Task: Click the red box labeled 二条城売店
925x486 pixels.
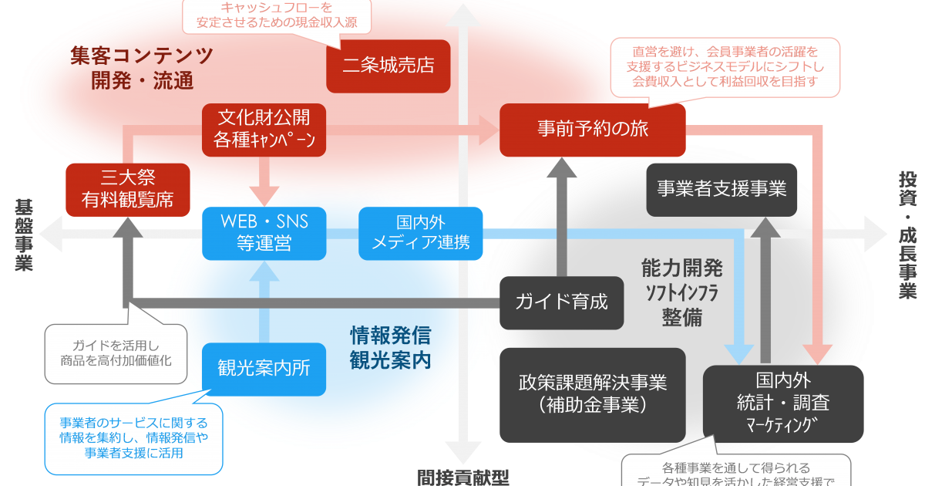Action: (388, 66)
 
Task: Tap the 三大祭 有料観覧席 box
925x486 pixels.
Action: (127, 189)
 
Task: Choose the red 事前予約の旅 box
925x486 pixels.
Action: (592, 129)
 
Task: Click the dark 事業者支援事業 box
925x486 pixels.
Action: (721, 189)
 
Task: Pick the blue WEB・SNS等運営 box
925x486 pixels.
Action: (264, 233)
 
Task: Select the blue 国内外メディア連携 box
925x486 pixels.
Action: (421, 233)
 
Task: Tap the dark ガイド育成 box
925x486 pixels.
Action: (561, 302)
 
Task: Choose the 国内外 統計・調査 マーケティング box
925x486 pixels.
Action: (782, 403)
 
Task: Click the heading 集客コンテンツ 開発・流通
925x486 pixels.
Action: (141, 68)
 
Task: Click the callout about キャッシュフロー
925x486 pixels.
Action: (275, 15)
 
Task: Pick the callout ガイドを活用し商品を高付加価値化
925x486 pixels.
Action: (116, 353)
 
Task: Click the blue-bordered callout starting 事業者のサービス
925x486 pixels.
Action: (133, 438)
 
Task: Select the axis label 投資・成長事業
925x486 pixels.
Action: (907, 235)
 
